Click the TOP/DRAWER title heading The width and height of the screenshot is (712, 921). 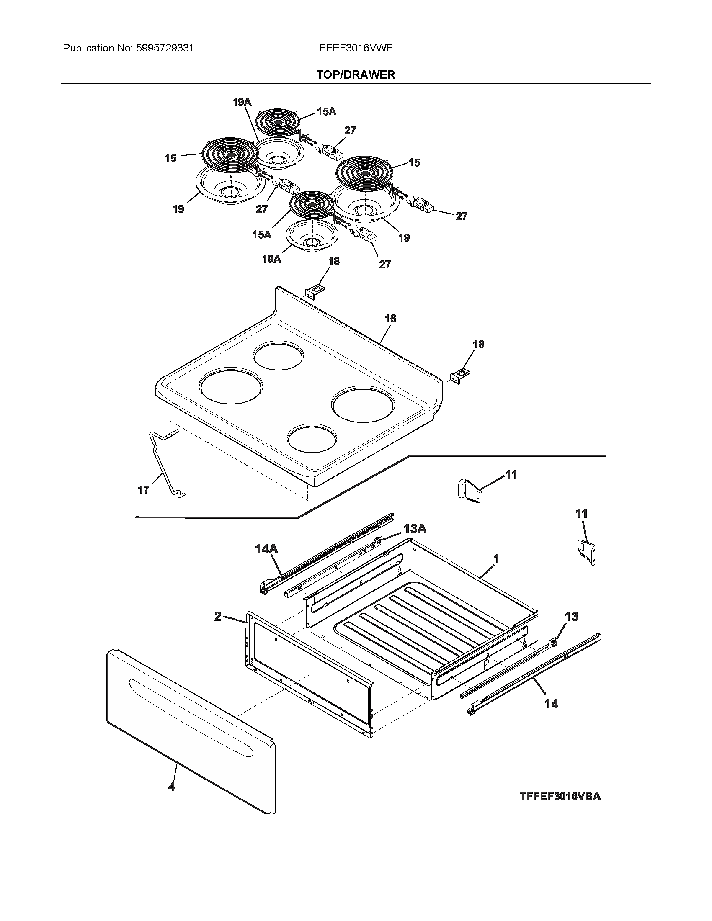356,75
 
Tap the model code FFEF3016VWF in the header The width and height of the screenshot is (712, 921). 356,48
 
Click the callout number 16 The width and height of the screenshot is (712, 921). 390,319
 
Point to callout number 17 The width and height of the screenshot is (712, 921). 143,490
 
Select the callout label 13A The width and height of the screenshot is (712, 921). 415,529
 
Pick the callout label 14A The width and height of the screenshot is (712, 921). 266,549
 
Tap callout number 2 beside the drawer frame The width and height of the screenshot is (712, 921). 218,617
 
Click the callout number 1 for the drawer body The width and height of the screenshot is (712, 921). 496,559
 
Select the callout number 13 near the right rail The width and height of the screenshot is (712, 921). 572,617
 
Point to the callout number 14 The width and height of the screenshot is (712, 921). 551,703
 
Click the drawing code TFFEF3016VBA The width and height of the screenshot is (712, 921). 560,797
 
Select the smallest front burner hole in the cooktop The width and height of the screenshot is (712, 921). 312,439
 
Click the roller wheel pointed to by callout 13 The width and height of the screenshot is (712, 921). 553,643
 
